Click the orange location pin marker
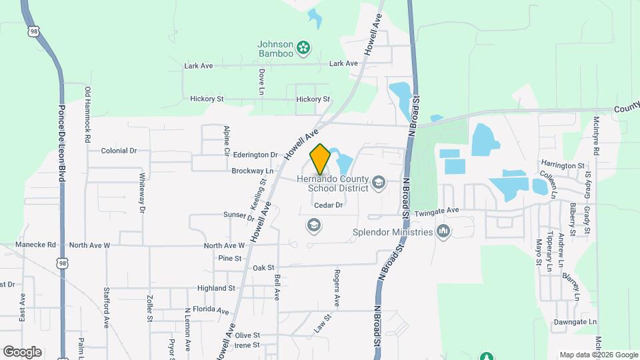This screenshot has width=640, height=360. click(x=320, y=159)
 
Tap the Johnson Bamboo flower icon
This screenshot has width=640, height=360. click(x=303, y=47)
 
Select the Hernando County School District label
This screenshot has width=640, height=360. click(x=338, y=183)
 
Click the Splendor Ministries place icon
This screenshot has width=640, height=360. click(x=443, y=232)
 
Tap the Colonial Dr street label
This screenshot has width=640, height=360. click(x=119, y=151)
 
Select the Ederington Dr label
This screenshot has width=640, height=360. click(x=255, y=155)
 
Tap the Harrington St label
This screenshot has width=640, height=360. click(x=563, y=165)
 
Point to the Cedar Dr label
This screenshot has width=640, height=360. click(x=328, y=205)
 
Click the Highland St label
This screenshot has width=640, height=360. click(x=216, y=288)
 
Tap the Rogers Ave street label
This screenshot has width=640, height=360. click(x=337, y=288)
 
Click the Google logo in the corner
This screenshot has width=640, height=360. click(x=22, y=351)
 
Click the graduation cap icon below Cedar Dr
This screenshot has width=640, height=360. click(x=313, y=225)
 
